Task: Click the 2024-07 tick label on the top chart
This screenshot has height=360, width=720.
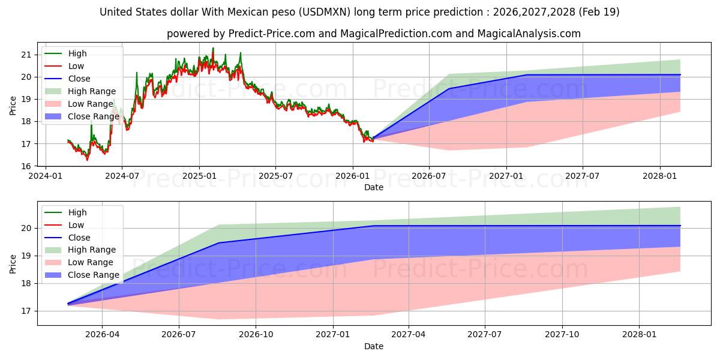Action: pos(122,176)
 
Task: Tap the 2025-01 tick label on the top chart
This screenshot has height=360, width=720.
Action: pos(199,176)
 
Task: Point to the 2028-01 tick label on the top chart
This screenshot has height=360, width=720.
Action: pos(660,176)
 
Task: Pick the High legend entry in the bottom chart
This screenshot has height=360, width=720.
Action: pos(77,212)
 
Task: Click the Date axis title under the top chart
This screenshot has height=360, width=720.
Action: pos(373,187)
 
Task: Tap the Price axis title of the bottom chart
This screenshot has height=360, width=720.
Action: pos(13,263)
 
